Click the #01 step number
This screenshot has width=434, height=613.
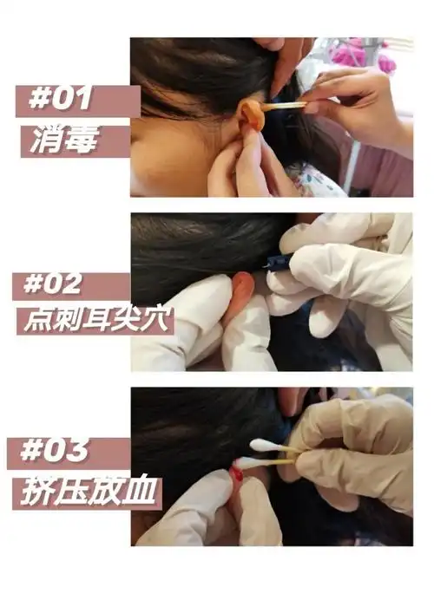tap(62, 98)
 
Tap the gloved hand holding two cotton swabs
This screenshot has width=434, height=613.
tap(356, 451)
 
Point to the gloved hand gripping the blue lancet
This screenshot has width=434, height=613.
tap(339, 269)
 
